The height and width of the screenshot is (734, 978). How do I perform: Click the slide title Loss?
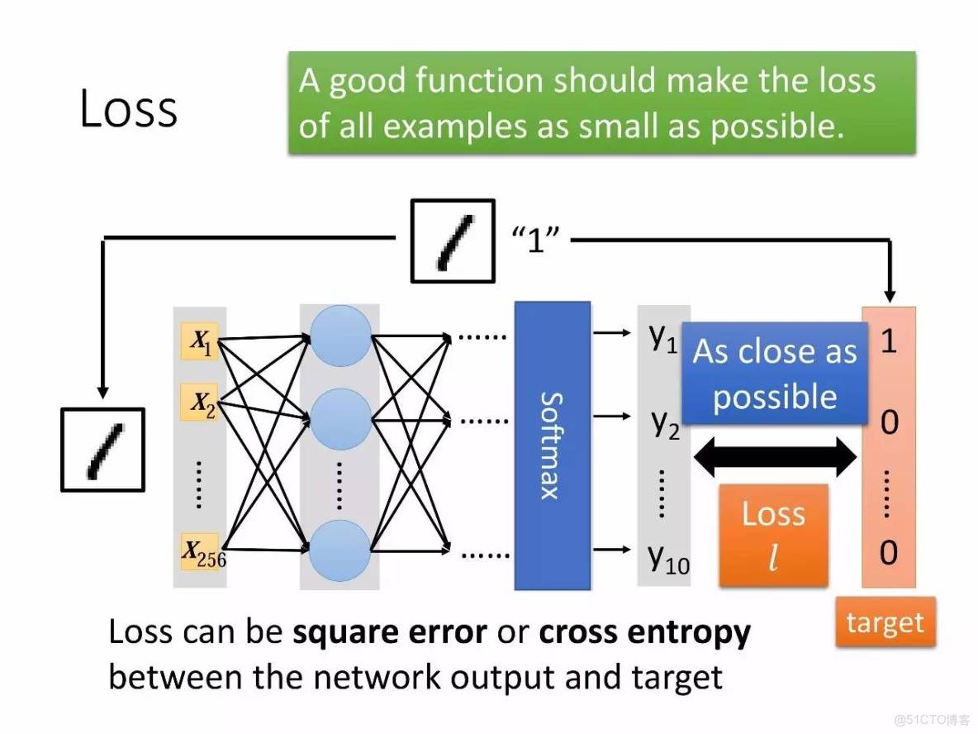128,109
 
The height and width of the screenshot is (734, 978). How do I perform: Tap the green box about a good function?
601,103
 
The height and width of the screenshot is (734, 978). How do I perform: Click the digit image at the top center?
453,241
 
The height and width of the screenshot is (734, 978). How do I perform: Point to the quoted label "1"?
537,241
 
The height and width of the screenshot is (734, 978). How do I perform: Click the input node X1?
201,341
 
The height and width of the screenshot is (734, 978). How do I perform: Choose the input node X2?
201,404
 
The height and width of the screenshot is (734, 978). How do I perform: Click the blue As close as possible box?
774,374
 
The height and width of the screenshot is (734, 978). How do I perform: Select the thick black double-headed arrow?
776,456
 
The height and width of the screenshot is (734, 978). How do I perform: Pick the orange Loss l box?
773,535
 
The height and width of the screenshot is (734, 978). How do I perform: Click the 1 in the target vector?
888,341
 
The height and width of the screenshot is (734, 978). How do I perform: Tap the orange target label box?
885,622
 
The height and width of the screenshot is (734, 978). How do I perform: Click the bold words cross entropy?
644,633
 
